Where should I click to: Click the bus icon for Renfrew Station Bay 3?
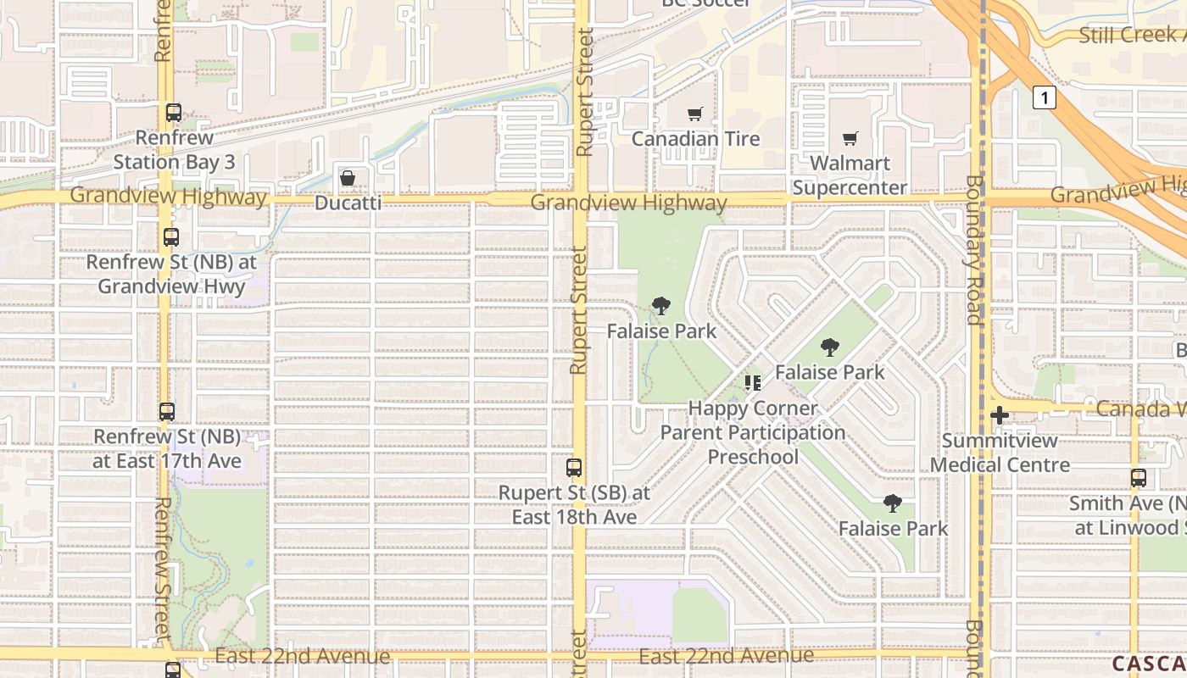click(x=174, y=112)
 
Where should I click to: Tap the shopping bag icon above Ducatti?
click(x=348, y=178)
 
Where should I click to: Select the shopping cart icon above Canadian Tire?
click(x=695, y=114)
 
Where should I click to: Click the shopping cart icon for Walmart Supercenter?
click(x=850, y=138)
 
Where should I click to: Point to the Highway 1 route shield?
click(x=1045, y=98)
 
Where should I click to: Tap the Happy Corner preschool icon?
click(x=752, y=383)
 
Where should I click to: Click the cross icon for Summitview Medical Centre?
click(x=1000, y=415)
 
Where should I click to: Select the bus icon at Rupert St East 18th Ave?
click(x=574, y=467)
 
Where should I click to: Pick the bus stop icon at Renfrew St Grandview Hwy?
click(x=171, y=237)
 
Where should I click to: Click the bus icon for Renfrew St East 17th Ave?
click(x=167, y=412)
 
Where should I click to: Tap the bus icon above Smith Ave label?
click(x=1138, y=478)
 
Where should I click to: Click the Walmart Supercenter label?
click(x=850, y=175)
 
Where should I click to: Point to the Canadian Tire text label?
click(x=695, y=138)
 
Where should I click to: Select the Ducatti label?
click(x=348, y=203)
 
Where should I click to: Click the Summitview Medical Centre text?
click(x=1000, y=453)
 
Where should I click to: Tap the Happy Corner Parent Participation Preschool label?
click(x=753, y=432)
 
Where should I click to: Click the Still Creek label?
click(x=1132, y=35)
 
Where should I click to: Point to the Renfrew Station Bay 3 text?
click(x=174, y=149)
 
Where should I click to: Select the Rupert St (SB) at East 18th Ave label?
click(x=574, y=504)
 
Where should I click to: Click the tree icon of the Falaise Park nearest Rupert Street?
click(x=661, y=306)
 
